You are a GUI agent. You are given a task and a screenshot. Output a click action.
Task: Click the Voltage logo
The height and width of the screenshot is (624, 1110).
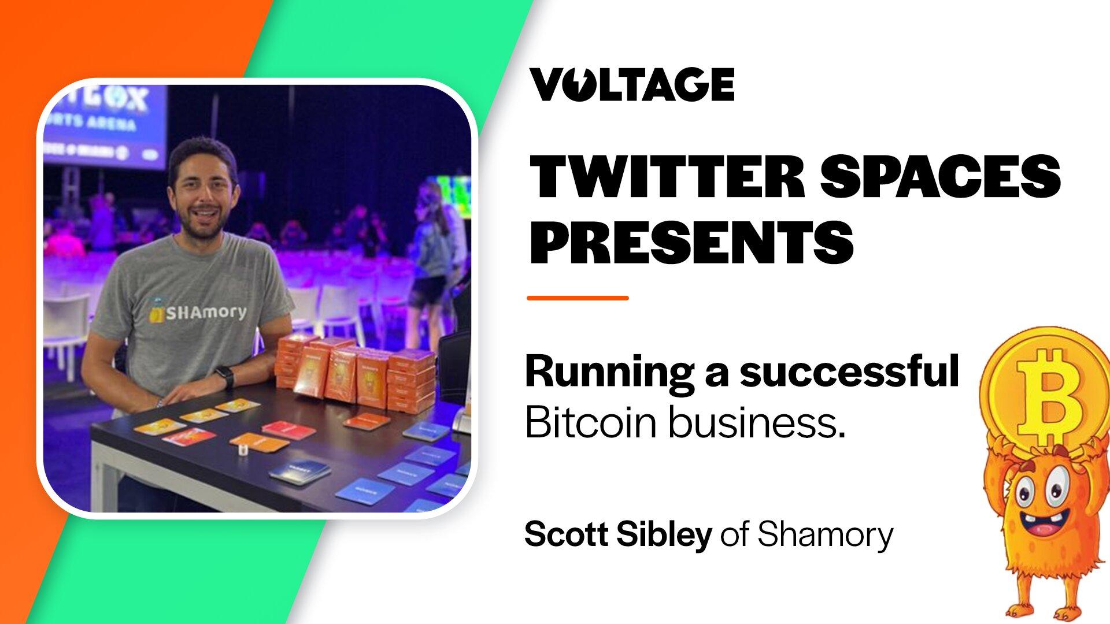pyautogui.click(x=632, y=84)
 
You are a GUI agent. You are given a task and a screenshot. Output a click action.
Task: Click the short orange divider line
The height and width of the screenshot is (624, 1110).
pyautogui.click(x=578, y=298)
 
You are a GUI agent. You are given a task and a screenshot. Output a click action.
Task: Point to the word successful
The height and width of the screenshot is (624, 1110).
pyautogui.click(x=849, y=373)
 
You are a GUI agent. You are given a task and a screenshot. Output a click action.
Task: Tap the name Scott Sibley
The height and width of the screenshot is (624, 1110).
pyautogui.click(x=617, y=534)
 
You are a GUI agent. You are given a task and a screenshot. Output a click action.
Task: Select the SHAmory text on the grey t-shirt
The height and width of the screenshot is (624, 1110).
pyautogui.click(x=205, y=313)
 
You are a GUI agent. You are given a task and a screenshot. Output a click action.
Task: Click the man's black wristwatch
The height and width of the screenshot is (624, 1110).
pyautogui.click(x=226, y=377)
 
